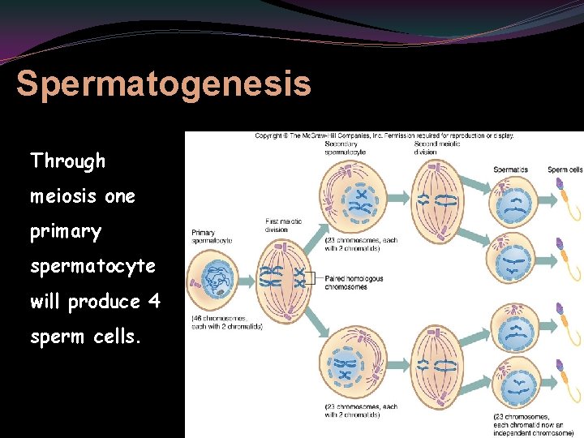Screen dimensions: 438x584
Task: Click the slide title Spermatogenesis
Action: (163, 84)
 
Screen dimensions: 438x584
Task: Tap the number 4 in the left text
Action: (154, 302)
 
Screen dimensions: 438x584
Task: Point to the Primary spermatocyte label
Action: (213, 237)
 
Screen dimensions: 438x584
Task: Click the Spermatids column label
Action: (511, 170)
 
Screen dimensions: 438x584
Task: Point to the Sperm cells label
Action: (565, 170)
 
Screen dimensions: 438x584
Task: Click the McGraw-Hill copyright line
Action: (384, 135)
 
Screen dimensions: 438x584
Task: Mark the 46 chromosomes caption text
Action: (226, 322)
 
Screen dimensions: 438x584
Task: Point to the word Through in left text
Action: (68, 161)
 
